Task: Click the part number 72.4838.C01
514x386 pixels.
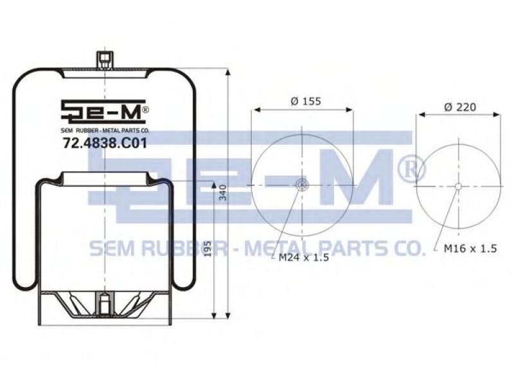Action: point(105,143)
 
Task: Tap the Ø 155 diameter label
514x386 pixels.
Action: point(306,101)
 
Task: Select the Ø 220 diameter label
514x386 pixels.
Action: point(460,107)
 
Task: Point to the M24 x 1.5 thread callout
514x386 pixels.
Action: point(303,257)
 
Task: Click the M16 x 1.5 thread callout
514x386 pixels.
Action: point(470,248)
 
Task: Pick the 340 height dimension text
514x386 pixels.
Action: point(223,192)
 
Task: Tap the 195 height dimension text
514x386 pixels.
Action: point(207,249)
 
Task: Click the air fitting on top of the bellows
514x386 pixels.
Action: point(105,60)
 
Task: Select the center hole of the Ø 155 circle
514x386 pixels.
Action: point(301,185)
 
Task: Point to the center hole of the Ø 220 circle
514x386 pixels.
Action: point(458,187)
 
